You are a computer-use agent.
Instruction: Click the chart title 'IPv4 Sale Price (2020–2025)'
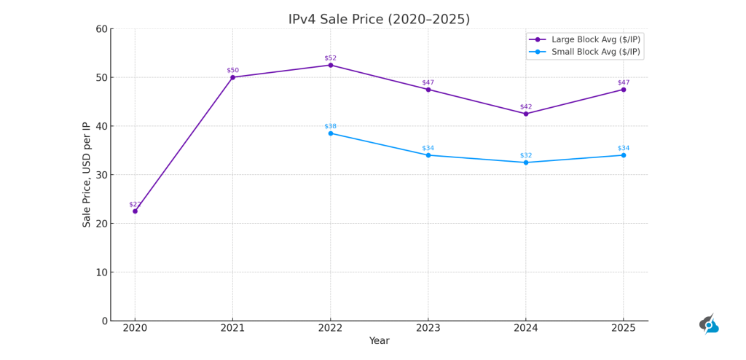(379, 20)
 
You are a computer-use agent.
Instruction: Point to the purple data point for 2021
(232, 77)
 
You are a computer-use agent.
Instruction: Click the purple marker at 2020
(135, 211)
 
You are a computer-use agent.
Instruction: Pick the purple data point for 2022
(330, 65)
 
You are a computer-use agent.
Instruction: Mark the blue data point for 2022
(330, 133)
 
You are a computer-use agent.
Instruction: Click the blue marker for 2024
(526, 163)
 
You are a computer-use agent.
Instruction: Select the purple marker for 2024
(526, 114)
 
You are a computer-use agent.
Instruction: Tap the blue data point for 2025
(624, 155)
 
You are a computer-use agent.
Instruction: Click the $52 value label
(330, 58)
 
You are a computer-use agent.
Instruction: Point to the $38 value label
(330, 126)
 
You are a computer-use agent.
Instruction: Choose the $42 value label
(526, 107)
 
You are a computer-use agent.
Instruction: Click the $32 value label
(526, 155)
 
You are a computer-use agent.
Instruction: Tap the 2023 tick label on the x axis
(428, 329)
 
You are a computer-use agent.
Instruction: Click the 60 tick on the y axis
(101, 29)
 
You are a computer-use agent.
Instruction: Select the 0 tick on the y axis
(104, 321)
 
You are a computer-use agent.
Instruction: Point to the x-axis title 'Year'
(379, 341)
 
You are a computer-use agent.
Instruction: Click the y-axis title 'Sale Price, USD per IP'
(87, 175)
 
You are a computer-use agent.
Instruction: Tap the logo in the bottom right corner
(709, 324)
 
